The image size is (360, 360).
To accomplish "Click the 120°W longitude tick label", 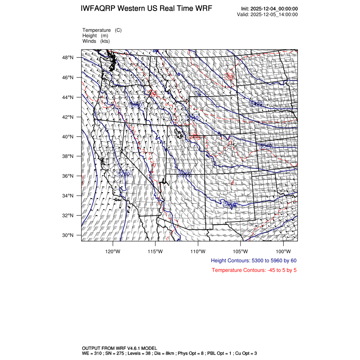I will (x=113, y=251).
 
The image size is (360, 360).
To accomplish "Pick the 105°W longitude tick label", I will (x=241, y=251).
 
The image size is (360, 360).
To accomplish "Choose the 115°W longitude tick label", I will (x=155, y=251).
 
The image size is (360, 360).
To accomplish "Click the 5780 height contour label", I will (x=124, y=174).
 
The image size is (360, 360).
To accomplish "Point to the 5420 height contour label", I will (x=256, y=104).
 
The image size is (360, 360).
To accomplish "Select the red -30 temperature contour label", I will (x=230, y=76).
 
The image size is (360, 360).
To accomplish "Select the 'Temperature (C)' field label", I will (x=102, y=30).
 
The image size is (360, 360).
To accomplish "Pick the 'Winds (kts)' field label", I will (x=96, y=41).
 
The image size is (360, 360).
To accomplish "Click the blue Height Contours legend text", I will (x=253, y=261).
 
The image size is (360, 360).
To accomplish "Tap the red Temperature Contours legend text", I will (x=254, y=270).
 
